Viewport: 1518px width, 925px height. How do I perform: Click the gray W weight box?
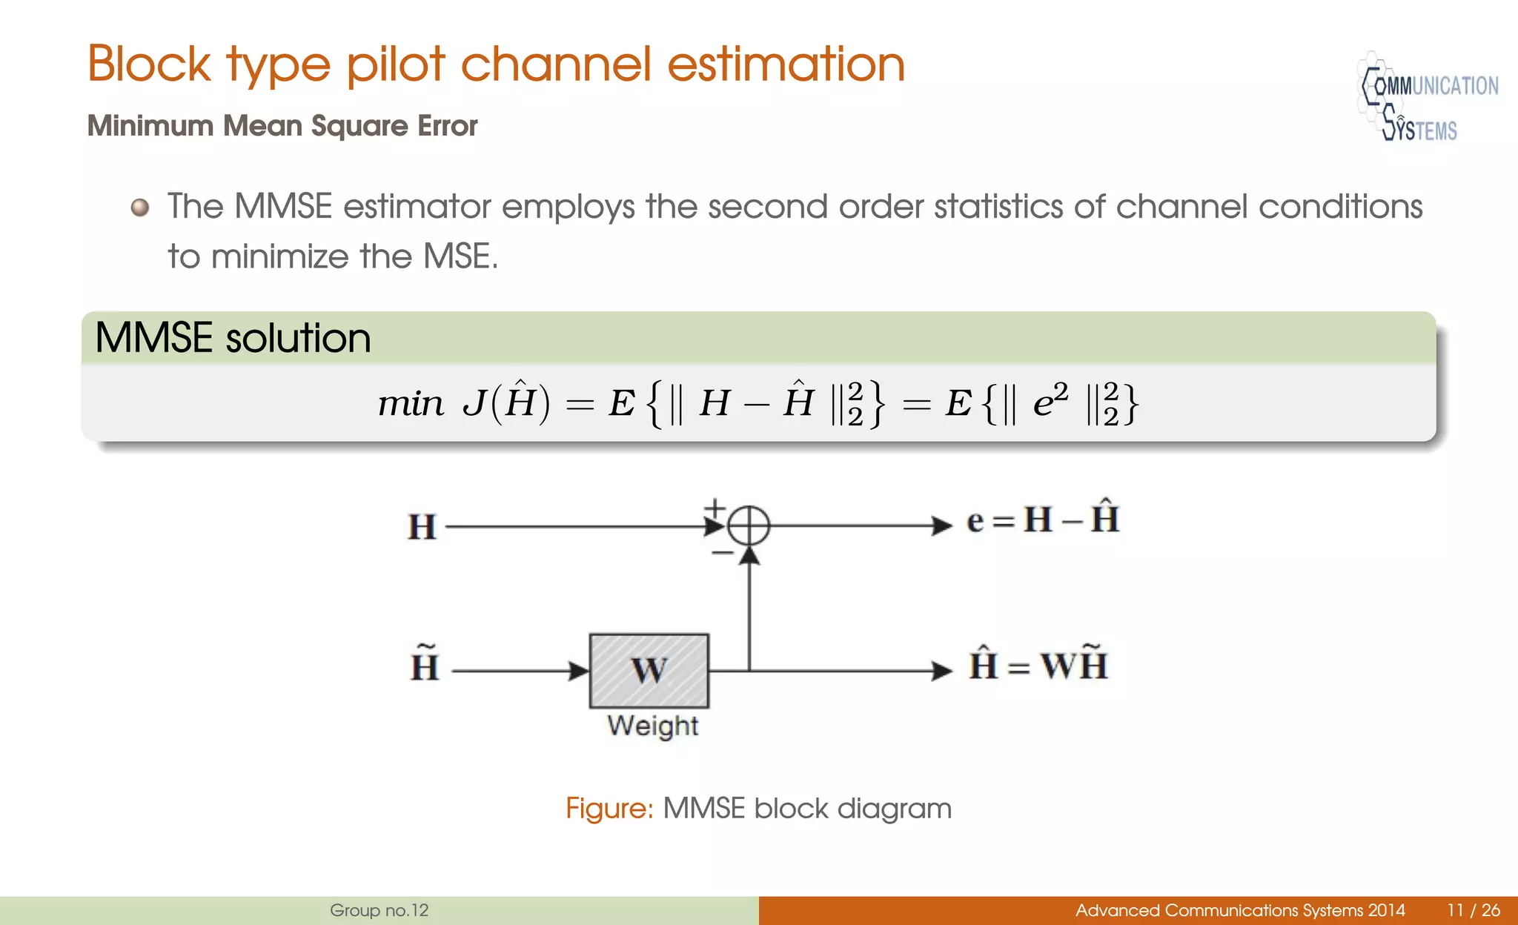pyautogui.click(x=649, y=671)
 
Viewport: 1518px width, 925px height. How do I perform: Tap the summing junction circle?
pyautogui.click(x=749, y=526)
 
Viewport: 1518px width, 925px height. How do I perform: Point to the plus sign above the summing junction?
pyautogui.click(x=714, y=508)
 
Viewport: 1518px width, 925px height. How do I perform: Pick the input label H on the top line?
pyautogui.click(x=422, y=527)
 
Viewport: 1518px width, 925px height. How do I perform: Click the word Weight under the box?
pyautogui.click(x=652, y=726)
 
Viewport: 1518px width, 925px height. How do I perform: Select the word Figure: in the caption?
pyautogui.click(x=609, y=808)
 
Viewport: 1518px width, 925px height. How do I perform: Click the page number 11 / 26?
pyautogui.click(x=1473, y=910)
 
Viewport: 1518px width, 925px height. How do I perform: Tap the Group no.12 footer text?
pyautogui.click(x=379, y=910)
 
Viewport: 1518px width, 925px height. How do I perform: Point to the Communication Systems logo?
pyautogui.click(x=1427, y=97)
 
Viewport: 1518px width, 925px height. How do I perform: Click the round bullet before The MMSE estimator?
pyautogui.click(x=140, y=207)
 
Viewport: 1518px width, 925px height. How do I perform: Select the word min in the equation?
pyautogui.click(x=410, y=405)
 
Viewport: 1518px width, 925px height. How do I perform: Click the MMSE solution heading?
pyautogui.click(x=233, y=338)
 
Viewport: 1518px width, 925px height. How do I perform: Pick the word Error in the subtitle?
pyautogui.click(x=448, y=126)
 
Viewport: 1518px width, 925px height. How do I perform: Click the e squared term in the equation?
pyautogui.click(x=1050, y=402)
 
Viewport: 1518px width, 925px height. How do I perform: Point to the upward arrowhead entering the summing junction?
pyautogui.click(x=749, y=554)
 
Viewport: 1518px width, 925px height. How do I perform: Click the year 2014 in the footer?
pyautogui.click(x=1386, y=910)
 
